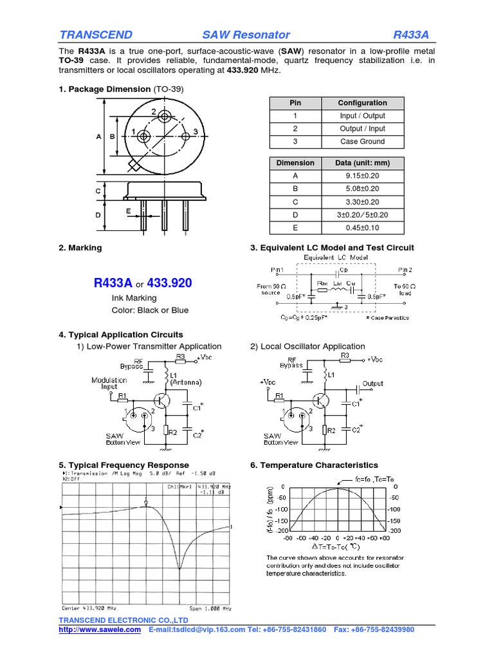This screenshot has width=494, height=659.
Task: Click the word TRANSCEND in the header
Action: (x=96, y=35)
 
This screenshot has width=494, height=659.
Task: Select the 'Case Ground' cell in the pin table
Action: (x=362, y=142)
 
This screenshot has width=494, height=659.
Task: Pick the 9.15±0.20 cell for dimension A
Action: (x=362, y=176)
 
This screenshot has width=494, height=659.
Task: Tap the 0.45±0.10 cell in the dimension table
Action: (x=362, y=228)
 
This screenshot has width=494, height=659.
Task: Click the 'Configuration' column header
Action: (x=362, y=103)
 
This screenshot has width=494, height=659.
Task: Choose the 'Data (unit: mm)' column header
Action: (x=362, y=163)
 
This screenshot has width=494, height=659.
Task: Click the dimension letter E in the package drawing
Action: (x=129, y=210)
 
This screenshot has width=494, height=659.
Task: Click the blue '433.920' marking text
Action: (x=170, y=283)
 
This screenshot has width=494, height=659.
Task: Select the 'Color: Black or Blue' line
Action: (x=150, y=310)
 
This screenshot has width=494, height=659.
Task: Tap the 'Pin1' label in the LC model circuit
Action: (x=277, y=270)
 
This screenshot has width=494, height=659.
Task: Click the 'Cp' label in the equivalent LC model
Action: (x=343, y=270)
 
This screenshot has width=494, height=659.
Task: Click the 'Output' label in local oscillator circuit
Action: (x=373, y=384)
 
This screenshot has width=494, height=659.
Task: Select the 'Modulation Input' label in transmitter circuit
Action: (x=109, y=384)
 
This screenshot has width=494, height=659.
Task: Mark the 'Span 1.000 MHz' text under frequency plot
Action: (x=209, y=608)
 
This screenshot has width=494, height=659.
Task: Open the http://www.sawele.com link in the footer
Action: (x=100, y=629)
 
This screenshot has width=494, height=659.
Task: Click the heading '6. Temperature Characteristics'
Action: (x=314, y=465)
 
